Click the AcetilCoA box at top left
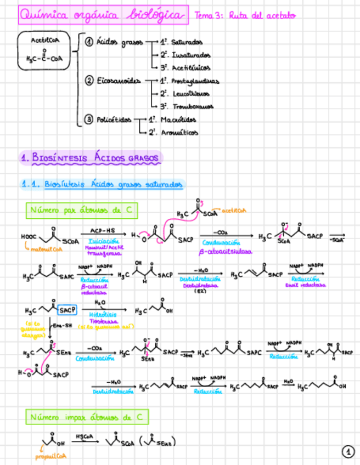click(44, 50)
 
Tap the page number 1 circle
click(347, 451)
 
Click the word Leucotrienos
click(192, 94)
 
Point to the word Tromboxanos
click(192, 106)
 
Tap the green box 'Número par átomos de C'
click(81, 210)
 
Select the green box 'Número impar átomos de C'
click(87, 418)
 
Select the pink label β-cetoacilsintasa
click(225, 252)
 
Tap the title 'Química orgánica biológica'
click(102, 15)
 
